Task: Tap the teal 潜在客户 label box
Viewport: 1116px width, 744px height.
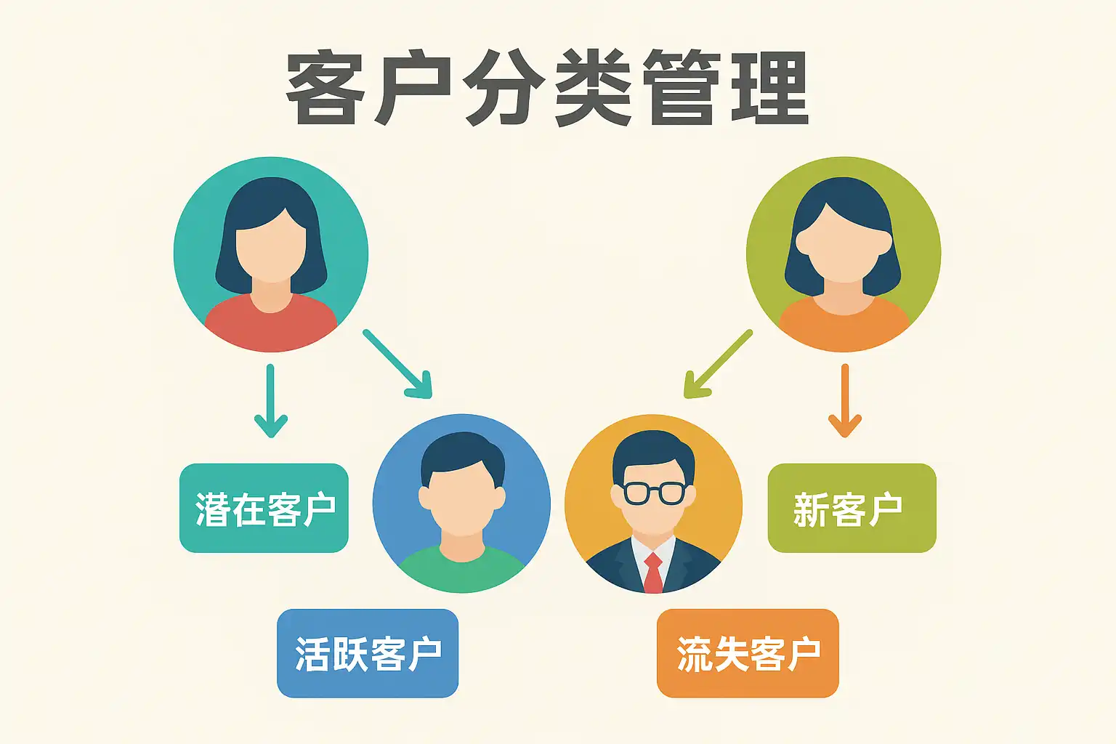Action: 264,509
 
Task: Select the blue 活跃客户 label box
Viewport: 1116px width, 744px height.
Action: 368,653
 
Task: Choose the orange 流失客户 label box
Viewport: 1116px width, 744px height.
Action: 748,653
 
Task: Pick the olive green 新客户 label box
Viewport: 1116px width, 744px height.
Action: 852,509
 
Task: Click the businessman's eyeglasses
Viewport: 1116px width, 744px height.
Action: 654,493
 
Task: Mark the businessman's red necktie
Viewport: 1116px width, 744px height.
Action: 653,573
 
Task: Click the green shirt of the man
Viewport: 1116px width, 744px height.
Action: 462,570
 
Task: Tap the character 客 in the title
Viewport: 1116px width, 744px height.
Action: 324,89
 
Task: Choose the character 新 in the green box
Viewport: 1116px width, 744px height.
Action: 811,509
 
